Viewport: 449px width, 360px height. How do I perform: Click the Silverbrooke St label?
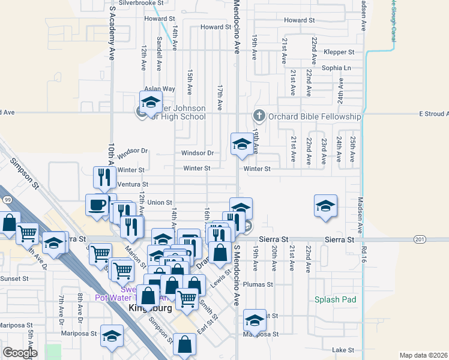tap(139, 3)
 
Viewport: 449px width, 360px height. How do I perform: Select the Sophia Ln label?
tap(336, 68)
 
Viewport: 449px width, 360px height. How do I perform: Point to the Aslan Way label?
tap(159, 89)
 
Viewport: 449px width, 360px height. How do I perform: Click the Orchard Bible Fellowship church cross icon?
tap(259, 115)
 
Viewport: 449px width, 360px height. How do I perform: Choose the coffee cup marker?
tap(97, 205)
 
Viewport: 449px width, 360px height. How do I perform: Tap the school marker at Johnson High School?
tap(151, 102)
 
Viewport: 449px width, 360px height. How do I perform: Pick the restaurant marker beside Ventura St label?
tap(104, 178)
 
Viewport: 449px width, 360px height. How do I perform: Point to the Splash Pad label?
tap(335, 299)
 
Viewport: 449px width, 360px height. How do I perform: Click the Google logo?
tap(20, 353)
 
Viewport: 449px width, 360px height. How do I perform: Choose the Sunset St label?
tap(14, 279)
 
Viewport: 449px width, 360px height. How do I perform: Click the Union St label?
tap(160, 203)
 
